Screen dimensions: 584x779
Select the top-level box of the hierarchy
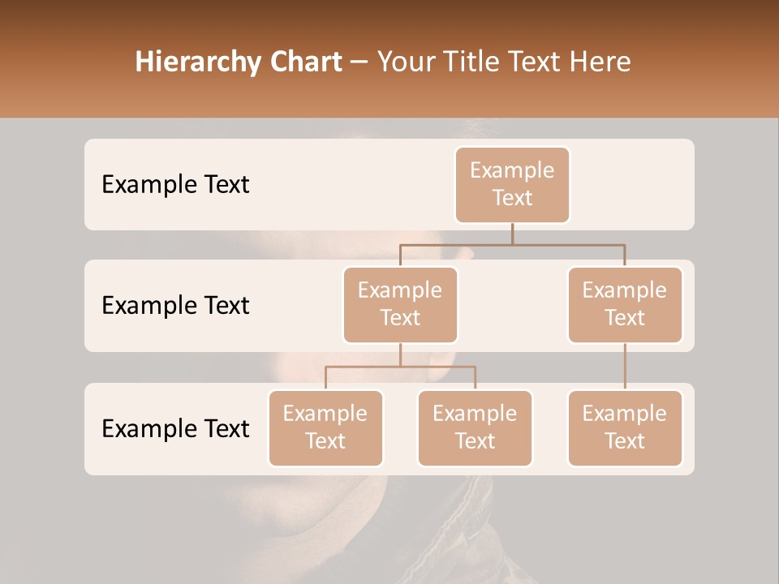(512, 184)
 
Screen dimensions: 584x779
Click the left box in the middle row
(400, 304)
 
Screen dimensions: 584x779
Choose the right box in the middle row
(625, 304)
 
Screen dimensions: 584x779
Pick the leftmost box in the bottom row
(325, 427)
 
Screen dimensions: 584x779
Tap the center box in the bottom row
(475, 427)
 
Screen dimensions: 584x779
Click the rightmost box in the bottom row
(625, 427)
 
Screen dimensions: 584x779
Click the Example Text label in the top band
(175, 184)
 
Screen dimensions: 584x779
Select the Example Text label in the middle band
(175, 305)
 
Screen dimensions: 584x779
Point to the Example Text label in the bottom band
(175, 428)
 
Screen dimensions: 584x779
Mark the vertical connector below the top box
(512, 234)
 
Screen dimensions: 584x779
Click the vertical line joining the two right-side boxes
(625, 367)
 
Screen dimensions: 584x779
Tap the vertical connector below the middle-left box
(400, 354)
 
